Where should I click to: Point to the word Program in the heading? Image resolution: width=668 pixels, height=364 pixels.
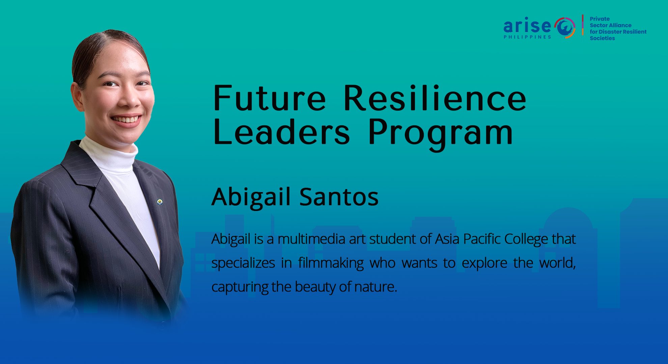coord(440,134)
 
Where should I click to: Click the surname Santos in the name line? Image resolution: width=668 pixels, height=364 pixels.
coord(339,197)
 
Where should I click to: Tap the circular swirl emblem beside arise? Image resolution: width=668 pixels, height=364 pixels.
coord(565,27)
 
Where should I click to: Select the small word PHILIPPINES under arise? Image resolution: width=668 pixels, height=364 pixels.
coord(527,37)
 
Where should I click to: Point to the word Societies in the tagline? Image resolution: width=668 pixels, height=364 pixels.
coord(602,38)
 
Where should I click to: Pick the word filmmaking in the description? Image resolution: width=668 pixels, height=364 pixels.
coord(331,263)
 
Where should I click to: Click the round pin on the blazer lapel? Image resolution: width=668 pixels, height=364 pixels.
coord(160,202)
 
